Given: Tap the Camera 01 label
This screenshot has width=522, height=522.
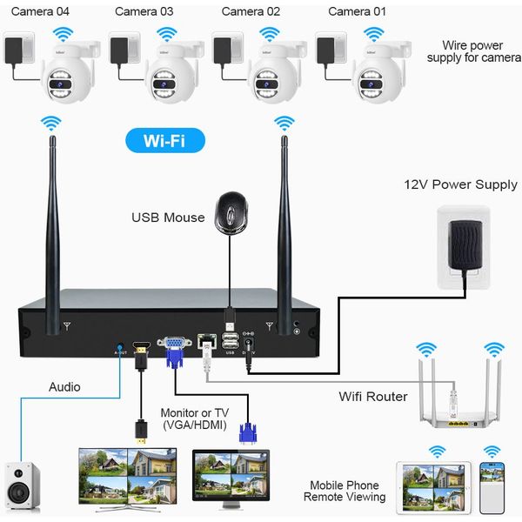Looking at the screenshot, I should tap(357, 11).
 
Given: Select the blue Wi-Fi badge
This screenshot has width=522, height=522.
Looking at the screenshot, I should tap(164, 139).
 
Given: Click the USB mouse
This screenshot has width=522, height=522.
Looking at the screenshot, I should tap(230, 211).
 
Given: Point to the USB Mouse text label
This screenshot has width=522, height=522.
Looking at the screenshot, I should tap(168, 217).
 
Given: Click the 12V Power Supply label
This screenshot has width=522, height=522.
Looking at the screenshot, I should tap(460, 184).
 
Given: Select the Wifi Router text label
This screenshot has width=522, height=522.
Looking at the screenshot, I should tap(372, 397).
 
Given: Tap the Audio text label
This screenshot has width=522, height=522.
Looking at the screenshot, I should tap(64, 386).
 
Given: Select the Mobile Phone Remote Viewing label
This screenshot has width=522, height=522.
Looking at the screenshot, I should tap(344, 491).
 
